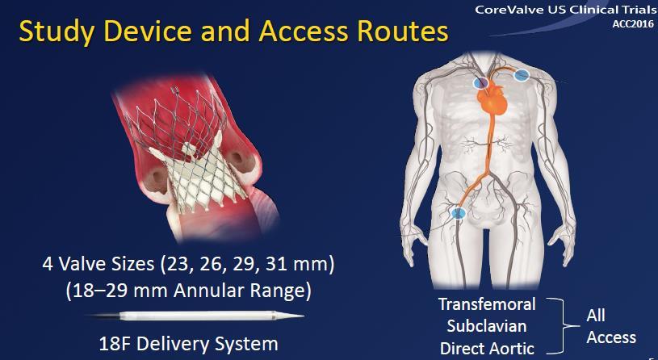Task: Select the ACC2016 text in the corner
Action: click(633, 24)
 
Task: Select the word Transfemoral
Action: click(487, 304)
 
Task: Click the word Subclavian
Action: click(487, 326)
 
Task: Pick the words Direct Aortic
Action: click(487, 349)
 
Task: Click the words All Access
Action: click(610, 326)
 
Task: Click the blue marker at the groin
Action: click(459, 213)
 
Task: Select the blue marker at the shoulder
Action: click(522, 75)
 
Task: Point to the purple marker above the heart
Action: click(480, 82)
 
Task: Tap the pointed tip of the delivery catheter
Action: click(303, 316)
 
